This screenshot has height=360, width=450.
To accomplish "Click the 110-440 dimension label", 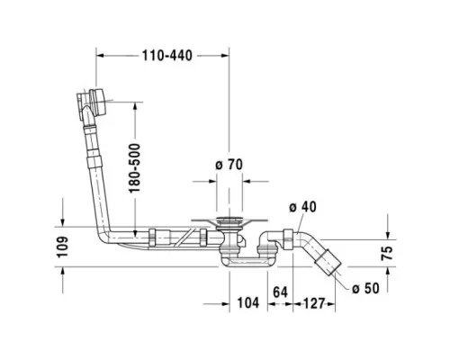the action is (166, 56).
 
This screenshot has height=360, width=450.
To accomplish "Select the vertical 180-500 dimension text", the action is (134, 168).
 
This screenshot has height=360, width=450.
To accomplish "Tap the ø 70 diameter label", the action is (229, 165).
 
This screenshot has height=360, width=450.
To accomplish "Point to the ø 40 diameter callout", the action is (302, 207).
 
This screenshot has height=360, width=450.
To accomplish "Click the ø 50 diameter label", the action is (365, 288).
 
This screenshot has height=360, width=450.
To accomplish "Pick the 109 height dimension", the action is (62, 247).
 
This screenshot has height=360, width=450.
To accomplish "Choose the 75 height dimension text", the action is (387, 253).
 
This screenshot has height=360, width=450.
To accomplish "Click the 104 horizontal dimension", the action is (248, 303).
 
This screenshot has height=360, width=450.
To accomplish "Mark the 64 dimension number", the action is (280, 292).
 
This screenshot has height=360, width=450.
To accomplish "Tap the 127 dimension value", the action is (314, 303).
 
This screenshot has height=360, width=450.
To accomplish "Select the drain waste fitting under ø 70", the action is (229, 233).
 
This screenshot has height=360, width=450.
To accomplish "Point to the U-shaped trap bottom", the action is (247, 262).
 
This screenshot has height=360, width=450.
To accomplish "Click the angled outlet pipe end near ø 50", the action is (328, 263).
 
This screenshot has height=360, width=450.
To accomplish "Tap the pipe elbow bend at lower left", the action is (105, 236).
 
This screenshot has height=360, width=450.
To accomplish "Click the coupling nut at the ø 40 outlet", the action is (288, 239).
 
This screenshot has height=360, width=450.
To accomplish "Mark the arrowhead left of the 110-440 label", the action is (100, 56).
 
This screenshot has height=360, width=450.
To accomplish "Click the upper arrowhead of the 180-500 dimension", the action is (135, 106).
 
